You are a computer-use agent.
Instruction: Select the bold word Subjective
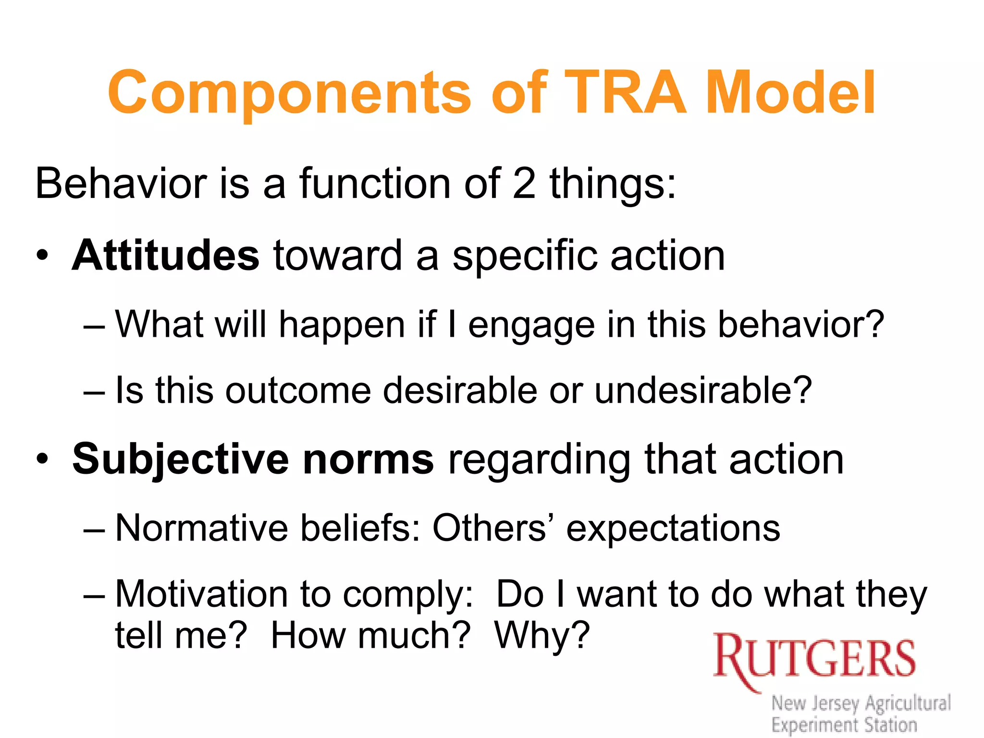click(180, 459)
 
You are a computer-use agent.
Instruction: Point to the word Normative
click(201, 528)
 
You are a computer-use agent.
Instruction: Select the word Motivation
click(201, 594)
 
